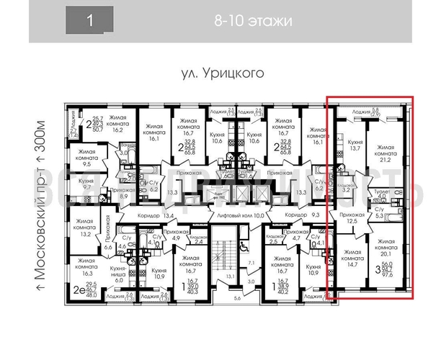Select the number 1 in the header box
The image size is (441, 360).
[x=90, y=20]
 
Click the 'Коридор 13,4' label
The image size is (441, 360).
[x=148, y=215]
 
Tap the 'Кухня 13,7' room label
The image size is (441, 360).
[x=355, y=147]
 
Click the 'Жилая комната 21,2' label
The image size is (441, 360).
[x=388, y=151]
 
